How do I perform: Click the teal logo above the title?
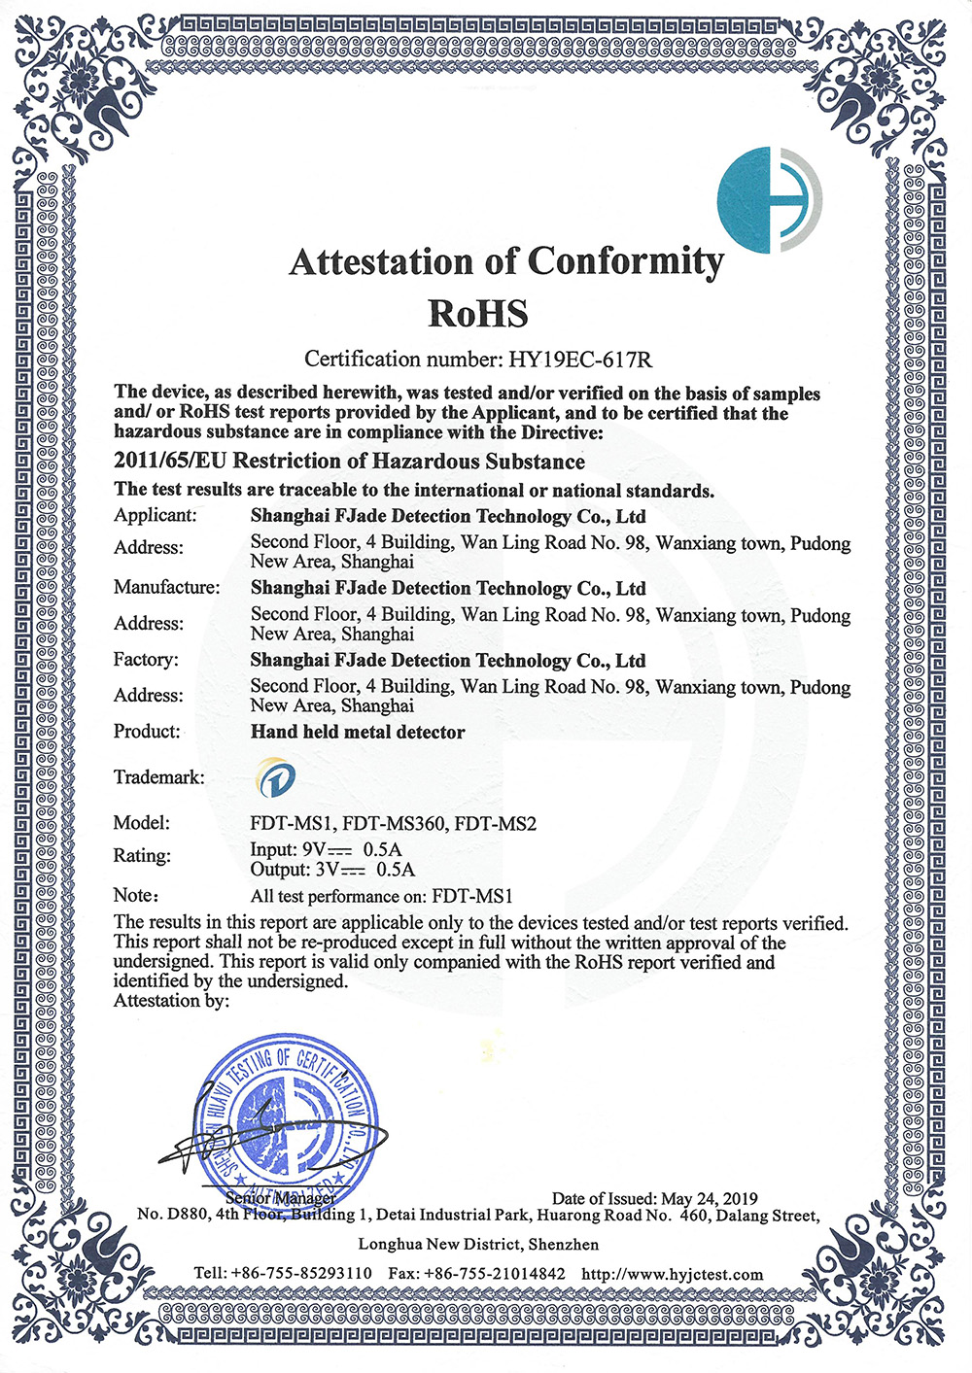click(x=769, y=200)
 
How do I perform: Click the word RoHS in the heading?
click(x=478, y=313)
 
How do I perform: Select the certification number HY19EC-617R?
click(x=580, y=360)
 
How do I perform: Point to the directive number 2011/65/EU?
click(x=170, y=462)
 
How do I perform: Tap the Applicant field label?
click(x=156, y=516)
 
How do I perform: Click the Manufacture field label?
click(x=166, y=587)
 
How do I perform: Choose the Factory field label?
click(x=146, y=660)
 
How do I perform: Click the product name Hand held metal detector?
click(x=358, y=732)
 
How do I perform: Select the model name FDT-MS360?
click(x=394, y=824)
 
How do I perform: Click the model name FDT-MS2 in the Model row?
click(x=496, y=824)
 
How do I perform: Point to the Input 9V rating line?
click(x=326, y=850)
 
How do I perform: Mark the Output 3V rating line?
click(x=332, y=870)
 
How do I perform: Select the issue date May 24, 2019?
click(x=709, y=1199)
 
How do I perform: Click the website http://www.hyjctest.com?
click(x=673, y=1274)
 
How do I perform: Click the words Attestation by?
click(x=171, y=1001)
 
